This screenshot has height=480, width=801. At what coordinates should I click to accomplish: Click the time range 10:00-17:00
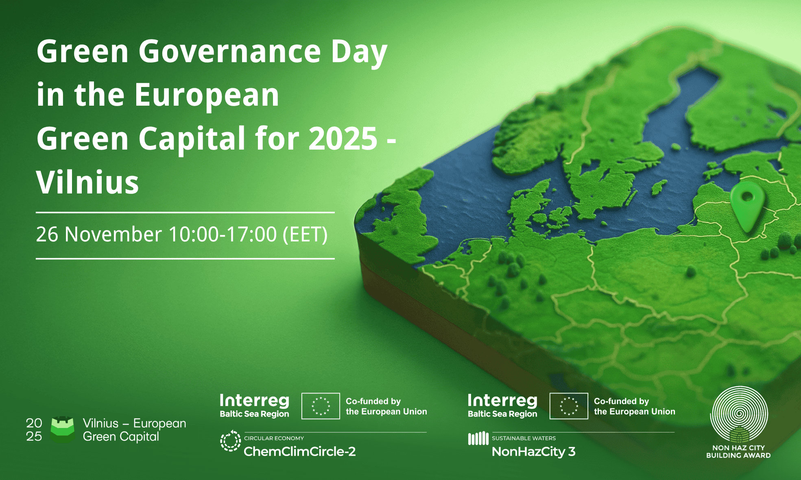(x=223, y=235)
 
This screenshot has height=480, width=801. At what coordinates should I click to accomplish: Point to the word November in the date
(x=113, y=235)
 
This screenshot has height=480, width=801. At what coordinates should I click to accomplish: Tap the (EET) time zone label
(x=305, y=235)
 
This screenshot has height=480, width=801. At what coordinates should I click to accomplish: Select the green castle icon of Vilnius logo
(x=62, y=429)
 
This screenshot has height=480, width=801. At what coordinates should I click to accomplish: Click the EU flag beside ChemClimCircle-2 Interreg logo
(x=321, y=406)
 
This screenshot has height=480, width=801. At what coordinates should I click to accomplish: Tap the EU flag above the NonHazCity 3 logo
(x=569, y=406)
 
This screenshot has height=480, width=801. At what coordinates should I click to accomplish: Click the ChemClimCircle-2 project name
(x=300, y=452)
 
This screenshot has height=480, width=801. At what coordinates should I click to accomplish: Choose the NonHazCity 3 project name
(x=534, y=452)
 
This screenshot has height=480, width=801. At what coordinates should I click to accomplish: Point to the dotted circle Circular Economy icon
(x=231, y=441)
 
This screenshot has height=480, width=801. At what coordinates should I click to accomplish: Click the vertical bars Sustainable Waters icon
(x=478, y=439)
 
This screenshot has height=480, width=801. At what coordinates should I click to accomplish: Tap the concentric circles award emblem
(x=739, y=414)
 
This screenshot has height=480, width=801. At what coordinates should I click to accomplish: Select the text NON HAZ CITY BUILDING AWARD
(x=738, y=452)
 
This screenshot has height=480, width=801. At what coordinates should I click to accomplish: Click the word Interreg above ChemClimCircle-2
(x=255, y=401)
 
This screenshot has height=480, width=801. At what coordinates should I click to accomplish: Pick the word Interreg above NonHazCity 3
(x=503, y=401)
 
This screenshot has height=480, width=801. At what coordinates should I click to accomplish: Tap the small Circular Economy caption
(x=274, y=438)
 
